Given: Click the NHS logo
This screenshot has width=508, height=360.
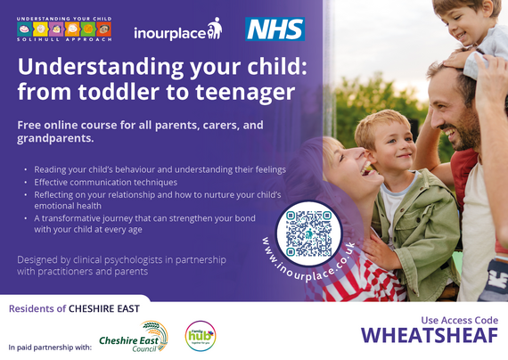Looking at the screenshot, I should click(274, 29).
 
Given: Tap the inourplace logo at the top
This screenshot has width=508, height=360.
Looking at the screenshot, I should click(176, 32).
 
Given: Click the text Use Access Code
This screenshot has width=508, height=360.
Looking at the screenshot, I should click(460, 320).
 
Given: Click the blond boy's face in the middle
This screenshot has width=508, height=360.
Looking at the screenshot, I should click(385, 146).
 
